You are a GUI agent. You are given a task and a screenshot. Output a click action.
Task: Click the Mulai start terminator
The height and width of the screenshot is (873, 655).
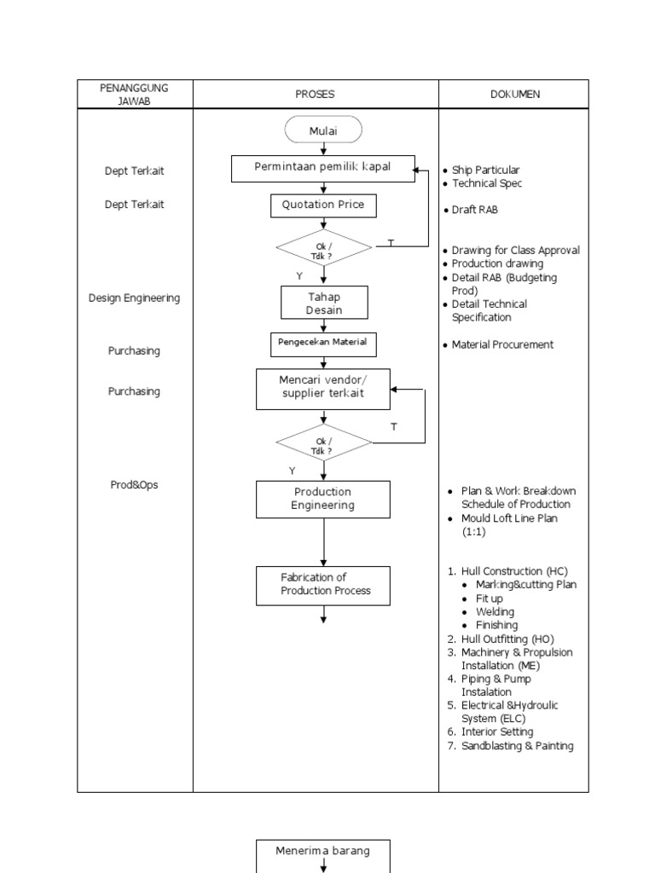pyautogui.click(x=323, y=130)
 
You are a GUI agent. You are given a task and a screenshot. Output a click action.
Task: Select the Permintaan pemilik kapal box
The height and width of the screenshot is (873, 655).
pyautogui.click(x=323, y=168)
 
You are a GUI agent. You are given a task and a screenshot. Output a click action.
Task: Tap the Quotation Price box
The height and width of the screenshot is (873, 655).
pyautogui.click(x=323, y=205)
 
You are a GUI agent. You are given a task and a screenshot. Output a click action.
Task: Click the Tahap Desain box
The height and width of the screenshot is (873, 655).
pyautogui.click(x=324, y=303)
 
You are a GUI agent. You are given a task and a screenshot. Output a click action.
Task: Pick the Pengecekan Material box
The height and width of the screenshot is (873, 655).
pyautogui.click(x=323, y=344)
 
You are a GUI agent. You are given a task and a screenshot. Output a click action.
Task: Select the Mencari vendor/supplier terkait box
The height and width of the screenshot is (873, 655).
pyautogui.click(x=323, y=389)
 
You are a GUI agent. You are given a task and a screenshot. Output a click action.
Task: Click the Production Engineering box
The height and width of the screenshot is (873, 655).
pyautogui.click(x=323, y=499)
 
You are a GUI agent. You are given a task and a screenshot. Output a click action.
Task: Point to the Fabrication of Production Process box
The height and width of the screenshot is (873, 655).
pyautogui.click(x=323, y=585)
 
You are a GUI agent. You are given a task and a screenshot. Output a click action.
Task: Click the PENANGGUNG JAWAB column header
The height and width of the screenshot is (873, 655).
pyautogui.click(x=135, y=94)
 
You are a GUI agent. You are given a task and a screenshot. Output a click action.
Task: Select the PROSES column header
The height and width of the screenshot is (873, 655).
pyautogui.click(x=316, y=94)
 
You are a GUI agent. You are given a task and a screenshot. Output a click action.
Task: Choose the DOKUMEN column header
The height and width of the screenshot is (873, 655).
pyautogui.click(x=514, y=94)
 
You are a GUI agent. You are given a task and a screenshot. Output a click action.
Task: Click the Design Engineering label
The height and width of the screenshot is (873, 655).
pyautogui.click(x=135, y=298)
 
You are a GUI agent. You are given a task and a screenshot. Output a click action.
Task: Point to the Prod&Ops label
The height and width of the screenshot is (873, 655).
pyautogui.click(x=135, y=485)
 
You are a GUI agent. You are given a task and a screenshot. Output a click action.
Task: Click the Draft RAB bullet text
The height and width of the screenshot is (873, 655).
pyautogui.click(x=475, y=211)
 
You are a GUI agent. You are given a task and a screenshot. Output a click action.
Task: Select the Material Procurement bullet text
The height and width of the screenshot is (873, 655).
pyautogui.click(x=502, y=344)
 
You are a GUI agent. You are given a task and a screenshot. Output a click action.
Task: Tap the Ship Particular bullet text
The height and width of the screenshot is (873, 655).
pyautogui.click(x=485, y=171)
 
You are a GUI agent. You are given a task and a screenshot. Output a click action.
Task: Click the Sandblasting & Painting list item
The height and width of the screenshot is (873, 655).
pyautogui.click(x=517, y=746)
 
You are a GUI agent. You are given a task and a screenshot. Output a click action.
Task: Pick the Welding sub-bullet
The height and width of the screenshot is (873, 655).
pyautogui.click(x=495, y=612)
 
